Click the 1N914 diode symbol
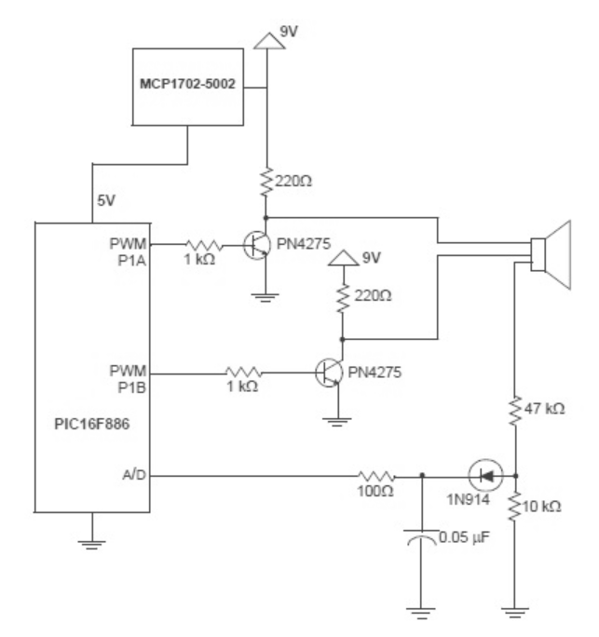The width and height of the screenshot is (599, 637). [x=483, y=474]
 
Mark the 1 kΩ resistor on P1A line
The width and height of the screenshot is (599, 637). [x=200, y=245]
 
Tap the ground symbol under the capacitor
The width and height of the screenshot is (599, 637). [x=422, y=610]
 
